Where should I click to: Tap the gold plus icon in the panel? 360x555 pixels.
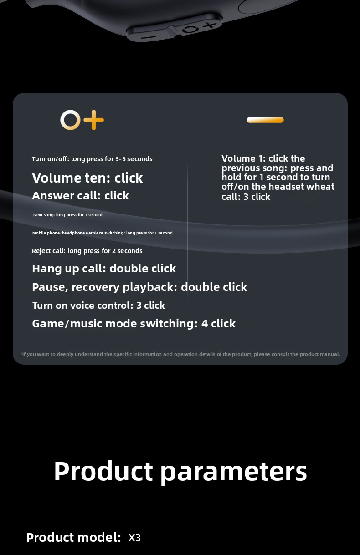click(93, 120)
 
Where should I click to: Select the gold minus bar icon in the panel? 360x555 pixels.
click(265, 120)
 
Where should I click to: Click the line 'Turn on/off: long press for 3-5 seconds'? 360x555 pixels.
click(92, 159)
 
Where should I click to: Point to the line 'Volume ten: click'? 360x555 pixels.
click(87, 178)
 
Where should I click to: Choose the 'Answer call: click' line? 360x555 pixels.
click(81, 195)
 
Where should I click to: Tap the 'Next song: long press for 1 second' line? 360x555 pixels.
click(68, 215)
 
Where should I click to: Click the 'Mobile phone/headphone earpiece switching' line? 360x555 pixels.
click(103, 233)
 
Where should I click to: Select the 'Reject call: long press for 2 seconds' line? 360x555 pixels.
click(87, 251)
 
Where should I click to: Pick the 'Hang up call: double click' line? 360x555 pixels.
click(104, 268)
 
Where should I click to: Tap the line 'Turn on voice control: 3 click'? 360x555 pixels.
click(98, 306)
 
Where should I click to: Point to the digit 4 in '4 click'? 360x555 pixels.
click(205, 324)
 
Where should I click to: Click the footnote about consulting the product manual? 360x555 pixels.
click(180, 354)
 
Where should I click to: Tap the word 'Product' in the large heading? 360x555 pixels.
click(103, 471)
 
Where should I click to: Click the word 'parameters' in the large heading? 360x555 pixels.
click(234, 473)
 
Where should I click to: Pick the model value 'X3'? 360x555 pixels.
click(134, 537)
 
